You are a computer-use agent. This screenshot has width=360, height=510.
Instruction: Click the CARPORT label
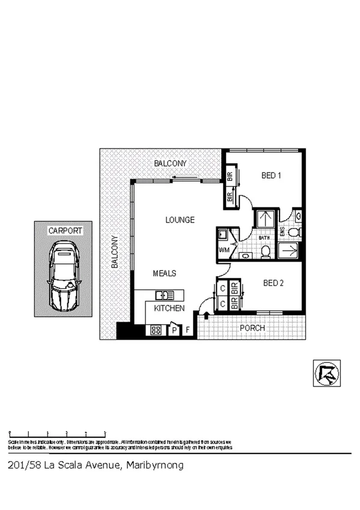click(66, 230)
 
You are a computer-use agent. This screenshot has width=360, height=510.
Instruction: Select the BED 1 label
click(272, 176)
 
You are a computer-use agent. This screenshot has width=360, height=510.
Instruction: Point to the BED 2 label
click(273, 283)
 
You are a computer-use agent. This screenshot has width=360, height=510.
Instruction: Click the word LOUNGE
click(180, 220)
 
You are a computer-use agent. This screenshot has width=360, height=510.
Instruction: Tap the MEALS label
click(164, 273)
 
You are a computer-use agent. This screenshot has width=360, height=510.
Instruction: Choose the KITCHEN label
click(169, 308)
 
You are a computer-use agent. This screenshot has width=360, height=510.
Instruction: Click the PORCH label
click(252, 328)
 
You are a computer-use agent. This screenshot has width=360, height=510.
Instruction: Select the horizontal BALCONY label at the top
click(170, 164)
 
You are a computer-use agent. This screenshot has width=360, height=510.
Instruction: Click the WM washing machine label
click(224, 250)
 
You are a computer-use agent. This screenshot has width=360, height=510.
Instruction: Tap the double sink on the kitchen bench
click(164, 295)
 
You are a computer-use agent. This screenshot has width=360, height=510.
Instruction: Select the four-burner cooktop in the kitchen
click(155, 330)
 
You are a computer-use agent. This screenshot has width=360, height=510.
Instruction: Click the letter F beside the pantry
click(188, 330)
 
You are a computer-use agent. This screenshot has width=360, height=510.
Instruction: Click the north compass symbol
click(326, 373)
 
